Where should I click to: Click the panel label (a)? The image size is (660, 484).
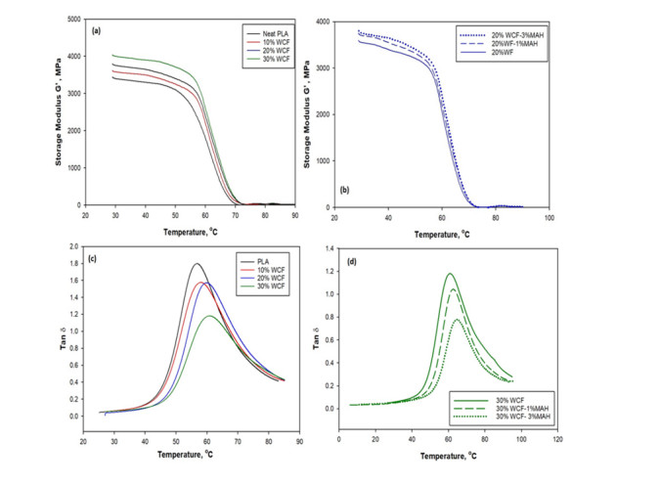click(98, 30)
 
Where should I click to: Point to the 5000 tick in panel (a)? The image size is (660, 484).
click(71, 19)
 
